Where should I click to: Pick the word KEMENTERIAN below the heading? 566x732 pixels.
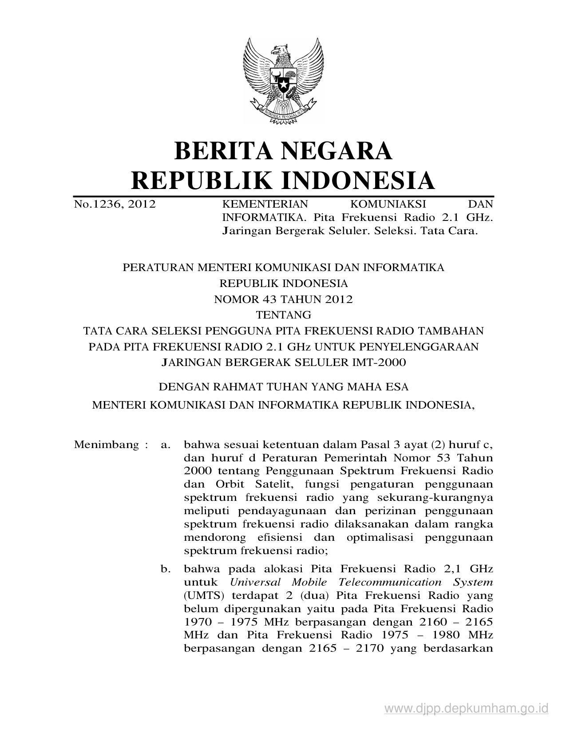(265, 204)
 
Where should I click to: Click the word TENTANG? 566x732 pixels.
(283, 315)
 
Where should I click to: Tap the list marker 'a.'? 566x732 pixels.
(166, 445)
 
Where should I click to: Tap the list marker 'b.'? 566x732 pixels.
(166, 569)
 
